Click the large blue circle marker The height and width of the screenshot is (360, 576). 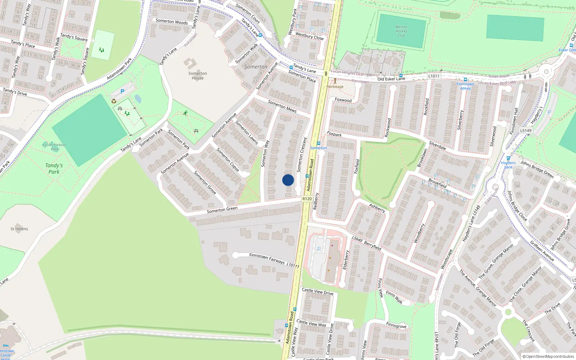click(x=288, y=180)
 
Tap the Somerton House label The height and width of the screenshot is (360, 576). click(x=198, y=76)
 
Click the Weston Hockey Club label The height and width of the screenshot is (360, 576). click(x=401, y=31)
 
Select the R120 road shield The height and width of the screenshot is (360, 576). click(x=307, y=199)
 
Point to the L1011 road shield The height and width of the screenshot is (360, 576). click(x=434, y=76)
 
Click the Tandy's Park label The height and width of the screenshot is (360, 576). click(x=54, y=168)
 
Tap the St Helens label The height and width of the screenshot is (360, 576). click(x=19, y=229)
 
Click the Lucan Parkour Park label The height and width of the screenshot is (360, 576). click(x=54, y=147)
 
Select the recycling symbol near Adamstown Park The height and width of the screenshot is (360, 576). click(x=114, y=101)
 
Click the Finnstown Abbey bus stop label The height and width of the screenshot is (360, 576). click(x=465, y=86)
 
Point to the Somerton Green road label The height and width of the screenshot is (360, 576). click(x=222, y=210)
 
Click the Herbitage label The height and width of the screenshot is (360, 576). click(x=335, y=86)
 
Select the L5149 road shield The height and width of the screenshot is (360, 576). click(x=526, y=130)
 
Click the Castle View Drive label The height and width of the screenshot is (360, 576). click(x=318, y=291)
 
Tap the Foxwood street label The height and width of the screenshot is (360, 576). click(x=343, y=100)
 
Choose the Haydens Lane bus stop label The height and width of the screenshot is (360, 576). click(x=508, y=165)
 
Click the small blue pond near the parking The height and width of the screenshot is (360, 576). click(x=138, y=99)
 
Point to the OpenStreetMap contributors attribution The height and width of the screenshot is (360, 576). click(x=548, y=357)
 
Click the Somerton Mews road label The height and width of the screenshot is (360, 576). click(x=282, y=106)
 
